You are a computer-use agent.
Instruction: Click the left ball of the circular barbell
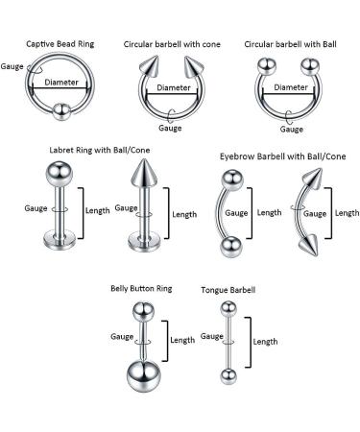point(268,69)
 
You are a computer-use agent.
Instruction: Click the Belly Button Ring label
point(142,286)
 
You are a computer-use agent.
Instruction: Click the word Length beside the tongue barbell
point(264,341)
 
